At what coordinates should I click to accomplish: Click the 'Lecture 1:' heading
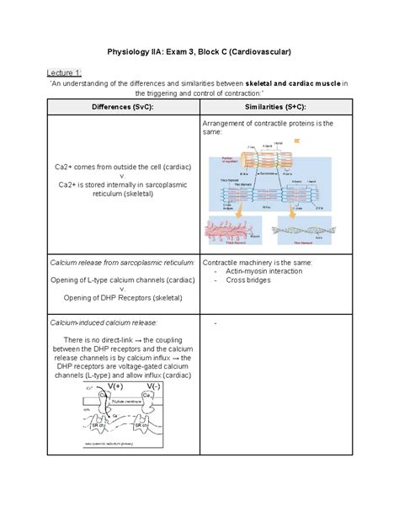click(67, 72)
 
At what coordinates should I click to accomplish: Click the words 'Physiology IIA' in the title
click(138, 52)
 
